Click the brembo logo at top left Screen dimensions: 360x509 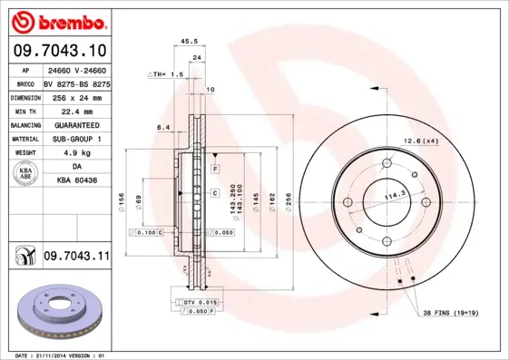pos(56,20)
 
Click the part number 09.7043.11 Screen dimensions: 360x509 pos(76,258)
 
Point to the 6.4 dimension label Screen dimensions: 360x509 pos(163,128)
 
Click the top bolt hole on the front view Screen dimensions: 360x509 pos(387,164)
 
